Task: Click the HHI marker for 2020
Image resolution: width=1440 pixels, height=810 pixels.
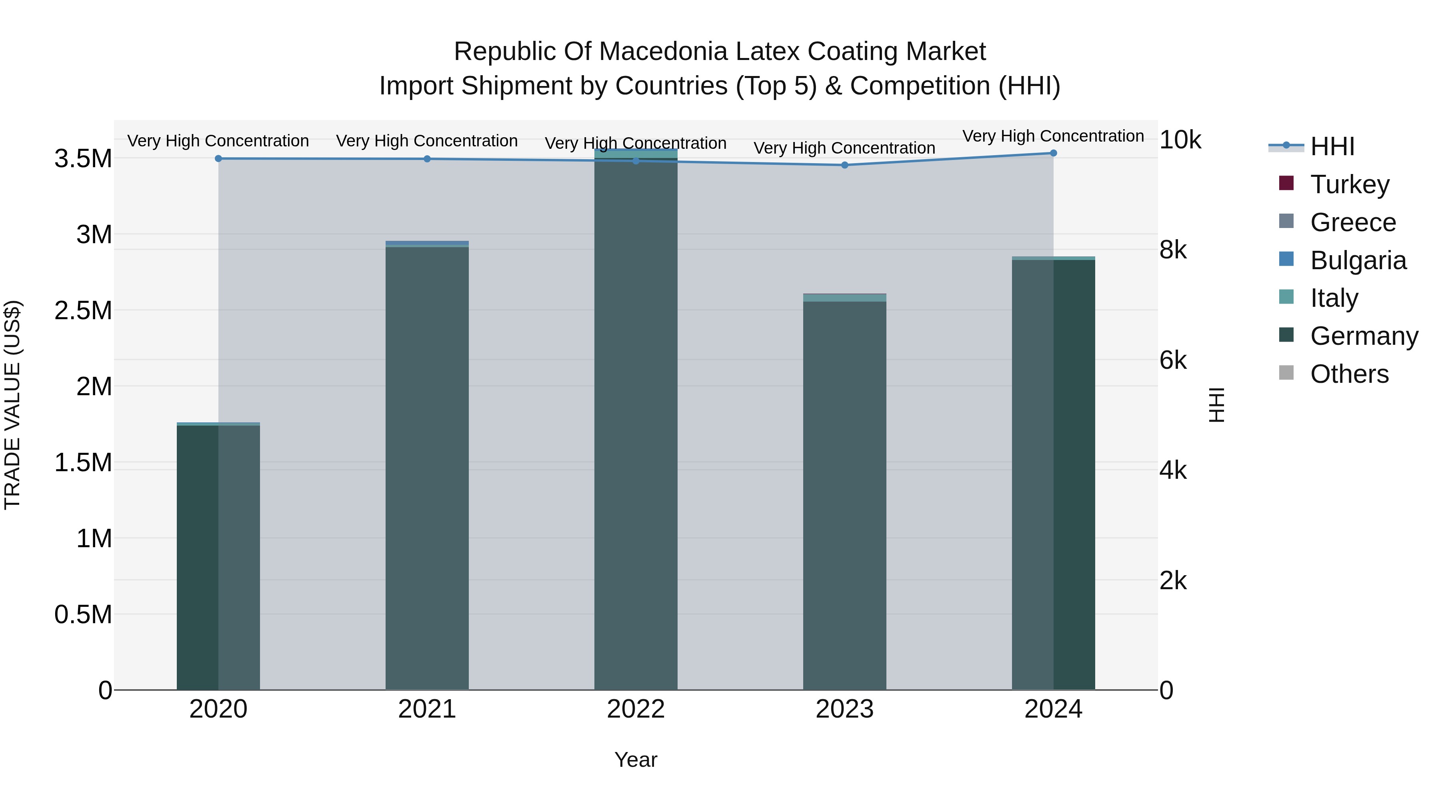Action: (x=218, y=159)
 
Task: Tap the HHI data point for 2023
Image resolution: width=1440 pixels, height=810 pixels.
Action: (x=845, y=165)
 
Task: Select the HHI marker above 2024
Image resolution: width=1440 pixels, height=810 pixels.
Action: (x=1053, y=153)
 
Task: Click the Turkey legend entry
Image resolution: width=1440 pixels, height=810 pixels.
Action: (x=1350, y=184)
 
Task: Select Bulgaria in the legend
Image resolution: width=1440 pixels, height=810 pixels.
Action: (x=1358, y=260)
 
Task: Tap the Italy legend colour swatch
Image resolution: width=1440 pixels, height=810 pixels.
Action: (x=1286, y=297)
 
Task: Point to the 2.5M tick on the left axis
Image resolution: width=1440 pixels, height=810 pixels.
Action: (x=83, y=311)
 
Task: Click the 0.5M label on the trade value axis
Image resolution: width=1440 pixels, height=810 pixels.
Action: (x=83, y=614)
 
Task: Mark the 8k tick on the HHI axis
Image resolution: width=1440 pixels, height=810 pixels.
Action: (x=1173, y=250)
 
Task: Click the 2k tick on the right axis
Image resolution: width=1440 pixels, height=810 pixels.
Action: (x=1173, y=581)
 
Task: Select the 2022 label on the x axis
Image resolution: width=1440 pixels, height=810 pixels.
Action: (x=636, y=709)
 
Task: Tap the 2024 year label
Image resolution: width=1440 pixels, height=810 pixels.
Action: (x=1053, y=709)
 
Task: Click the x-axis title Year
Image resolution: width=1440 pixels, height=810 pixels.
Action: (x=636, y=760)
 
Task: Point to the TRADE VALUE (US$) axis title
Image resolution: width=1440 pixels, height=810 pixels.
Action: (x=12, y=405)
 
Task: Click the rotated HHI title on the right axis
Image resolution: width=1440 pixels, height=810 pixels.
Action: (x=1216, y=405)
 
